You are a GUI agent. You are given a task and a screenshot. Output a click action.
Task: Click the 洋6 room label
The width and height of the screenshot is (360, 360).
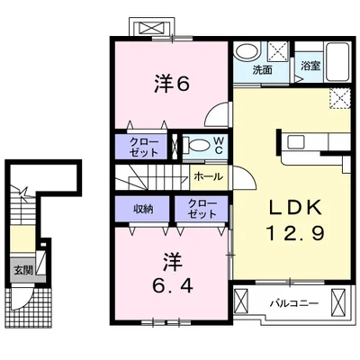[x=172, y=84]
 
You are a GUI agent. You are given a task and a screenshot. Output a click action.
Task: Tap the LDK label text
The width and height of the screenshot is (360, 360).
[x=295, y=208]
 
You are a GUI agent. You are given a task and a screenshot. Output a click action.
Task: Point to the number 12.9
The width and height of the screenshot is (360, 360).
[x=295, y=233]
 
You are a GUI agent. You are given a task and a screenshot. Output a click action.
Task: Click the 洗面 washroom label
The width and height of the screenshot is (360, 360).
[x=263, y=70]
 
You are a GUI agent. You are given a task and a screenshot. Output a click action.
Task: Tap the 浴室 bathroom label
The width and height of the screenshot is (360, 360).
[x=310, y=66]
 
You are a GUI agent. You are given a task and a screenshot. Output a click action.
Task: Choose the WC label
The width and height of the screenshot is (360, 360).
[x=219, y=146]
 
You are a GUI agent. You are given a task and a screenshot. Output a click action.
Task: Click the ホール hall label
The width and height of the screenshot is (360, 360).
[x=209, y=177]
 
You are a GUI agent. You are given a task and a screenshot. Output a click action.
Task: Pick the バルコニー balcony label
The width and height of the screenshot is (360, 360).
[x=293, y=303]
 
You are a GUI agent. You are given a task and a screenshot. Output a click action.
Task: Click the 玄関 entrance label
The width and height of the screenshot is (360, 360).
[x=22, y=271]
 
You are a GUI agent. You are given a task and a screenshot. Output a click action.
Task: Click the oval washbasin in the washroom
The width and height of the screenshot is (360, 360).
[x=247, y=53]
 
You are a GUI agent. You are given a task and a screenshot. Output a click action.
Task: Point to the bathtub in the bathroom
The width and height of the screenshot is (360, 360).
[x=337, y=62]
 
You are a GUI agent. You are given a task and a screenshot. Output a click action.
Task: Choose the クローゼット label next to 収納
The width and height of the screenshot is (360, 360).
[x=202, y=209]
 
